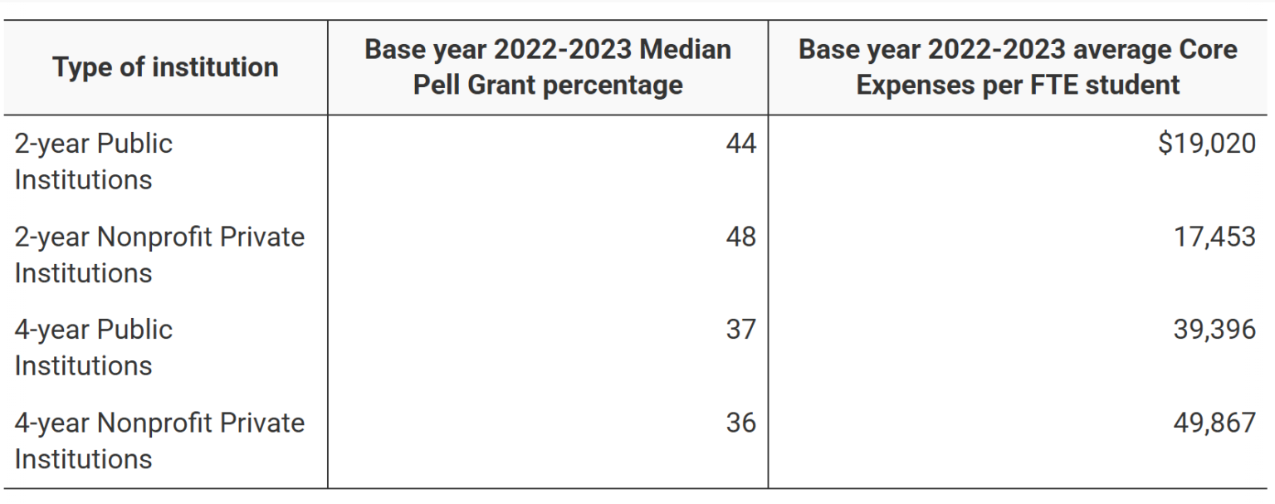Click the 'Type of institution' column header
click(x=165, y=66)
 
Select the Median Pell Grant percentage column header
click(x=548, y=66)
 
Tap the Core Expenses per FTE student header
click(x=1018, y=66)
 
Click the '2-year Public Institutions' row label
click(x=93, y=161)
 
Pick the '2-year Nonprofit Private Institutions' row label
click(x=159, y=255)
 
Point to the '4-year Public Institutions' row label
click(x=93, y=347)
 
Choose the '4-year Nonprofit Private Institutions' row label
click(x=159, y=440)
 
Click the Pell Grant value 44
click(x=740, y=144)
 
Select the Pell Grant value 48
click(x=740, y=237)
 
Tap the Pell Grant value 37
click(x=740, y=330)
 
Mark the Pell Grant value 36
click(x=740, y=423)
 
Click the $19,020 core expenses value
click(x=1206, y=144)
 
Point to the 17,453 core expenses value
click(x=1214, y=237)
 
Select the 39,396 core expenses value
click(x=1214, y=330)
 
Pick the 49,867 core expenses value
click(x=1214, y=423)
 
